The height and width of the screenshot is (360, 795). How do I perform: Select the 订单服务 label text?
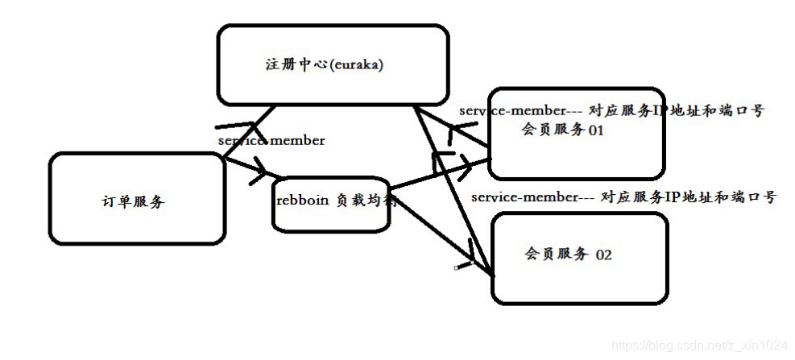click(133, 201)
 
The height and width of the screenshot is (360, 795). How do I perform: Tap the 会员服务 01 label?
click(563, 130)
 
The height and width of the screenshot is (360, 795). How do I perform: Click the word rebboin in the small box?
click(302, 201)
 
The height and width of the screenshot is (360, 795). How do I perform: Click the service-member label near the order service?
click(271, 141)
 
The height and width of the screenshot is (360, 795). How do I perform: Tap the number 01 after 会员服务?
click(596, 130)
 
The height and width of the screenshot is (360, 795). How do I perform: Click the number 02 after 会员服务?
click(603, 255)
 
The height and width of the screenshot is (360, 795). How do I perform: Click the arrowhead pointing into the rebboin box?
click(262, 171)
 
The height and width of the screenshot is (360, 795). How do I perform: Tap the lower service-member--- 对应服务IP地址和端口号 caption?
click(623, 196)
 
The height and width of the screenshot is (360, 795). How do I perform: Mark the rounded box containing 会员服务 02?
click(667, 258)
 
